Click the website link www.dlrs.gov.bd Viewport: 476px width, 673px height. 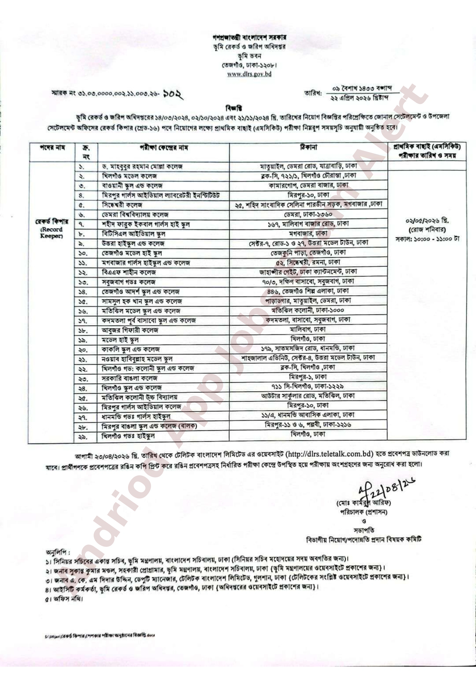249,74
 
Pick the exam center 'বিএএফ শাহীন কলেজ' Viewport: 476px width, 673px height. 129,272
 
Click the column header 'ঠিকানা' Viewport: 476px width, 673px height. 308,147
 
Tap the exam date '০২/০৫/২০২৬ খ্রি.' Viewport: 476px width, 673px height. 427,220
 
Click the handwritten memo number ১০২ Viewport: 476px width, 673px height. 173,94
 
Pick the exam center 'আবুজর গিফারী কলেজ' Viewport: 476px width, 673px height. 130,330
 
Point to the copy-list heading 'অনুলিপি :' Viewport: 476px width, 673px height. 58,552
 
